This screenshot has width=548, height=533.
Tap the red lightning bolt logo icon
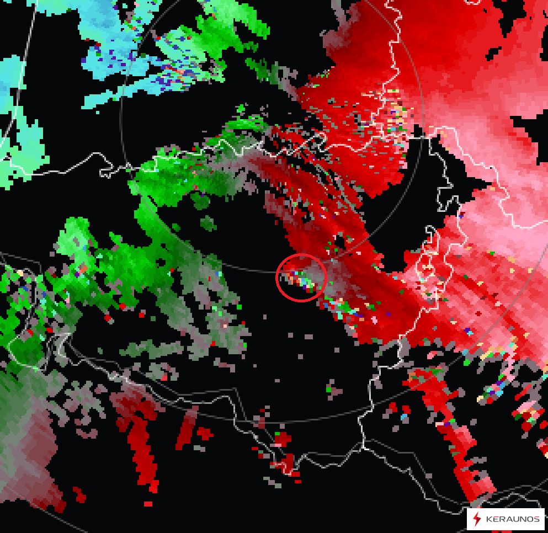[477, 519]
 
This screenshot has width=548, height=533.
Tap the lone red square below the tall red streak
[148, 504]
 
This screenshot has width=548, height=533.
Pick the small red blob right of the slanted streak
[204, 433]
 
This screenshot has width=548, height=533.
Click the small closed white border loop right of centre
[428, 270]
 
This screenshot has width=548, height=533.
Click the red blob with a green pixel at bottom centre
[281, 439]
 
